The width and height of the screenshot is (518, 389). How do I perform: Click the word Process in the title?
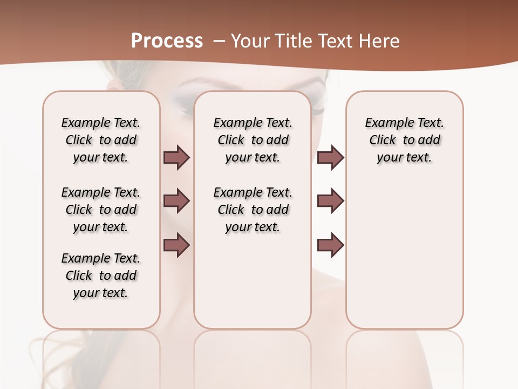pyautogui.click(x=167, y=41)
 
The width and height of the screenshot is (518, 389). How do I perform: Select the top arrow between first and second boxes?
pyautogui.click(x=176, y=158)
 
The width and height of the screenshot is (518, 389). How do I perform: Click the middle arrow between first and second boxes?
pyautogui.click(x=176, y=201)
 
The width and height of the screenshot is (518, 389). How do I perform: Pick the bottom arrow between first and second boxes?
pyautogui.click(x=176, y=245)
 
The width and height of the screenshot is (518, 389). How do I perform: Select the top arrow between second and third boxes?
pyautogui.click(x=330, y=158)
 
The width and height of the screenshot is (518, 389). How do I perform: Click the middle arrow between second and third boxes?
pyautogui.click(x=330, y=201)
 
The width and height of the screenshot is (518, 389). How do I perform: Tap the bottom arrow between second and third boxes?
pyautogui.click(x=330, y=245)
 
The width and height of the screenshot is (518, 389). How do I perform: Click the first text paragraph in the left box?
pyautogui.click(x=101, y=140)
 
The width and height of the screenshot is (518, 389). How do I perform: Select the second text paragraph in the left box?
pyautogui.click(x=101, y=210)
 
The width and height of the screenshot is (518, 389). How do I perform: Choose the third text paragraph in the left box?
pyautogui.click(x=101, y=276)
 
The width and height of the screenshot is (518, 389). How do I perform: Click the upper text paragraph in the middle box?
pyautogui.click(x=253, y=140)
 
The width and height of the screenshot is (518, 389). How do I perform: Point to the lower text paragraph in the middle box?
pyautogui.click(x=253, y=210)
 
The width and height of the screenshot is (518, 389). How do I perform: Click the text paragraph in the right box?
pyautogui.click(x=405, y=140)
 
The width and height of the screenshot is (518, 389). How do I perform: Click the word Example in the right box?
pyautogui.click(x=385, y=123)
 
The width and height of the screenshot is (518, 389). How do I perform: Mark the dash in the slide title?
pyautogui.click(x=219, y=41)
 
